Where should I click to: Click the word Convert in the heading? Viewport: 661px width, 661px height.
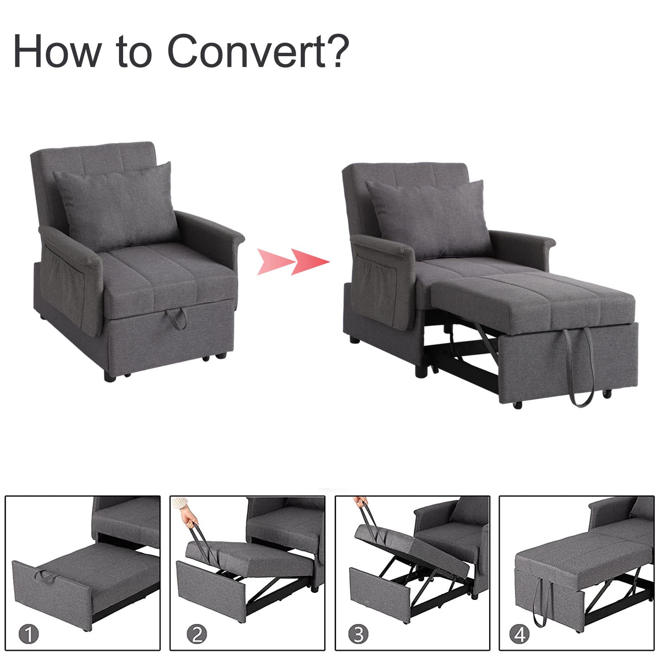point(247,51)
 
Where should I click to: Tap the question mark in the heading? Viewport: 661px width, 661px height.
point(338,51)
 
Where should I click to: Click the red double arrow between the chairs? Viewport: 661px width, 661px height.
point(293,262)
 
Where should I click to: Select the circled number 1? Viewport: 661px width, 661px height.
point(29,634)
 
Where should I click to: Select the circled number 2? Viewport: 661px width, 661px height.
point(197,634)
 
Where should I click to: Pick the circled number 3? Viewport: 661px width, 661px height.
point(358,634)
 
